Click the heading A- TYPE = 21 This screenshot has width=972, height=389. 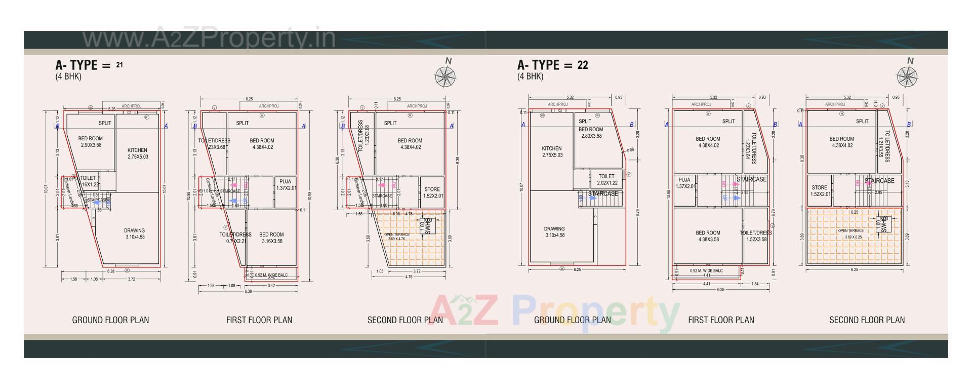coord(89,65)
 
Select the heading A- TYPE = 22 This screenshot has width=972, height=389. coord(552,65)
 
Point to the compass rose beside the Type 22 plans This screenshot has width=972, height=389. coord(907,76)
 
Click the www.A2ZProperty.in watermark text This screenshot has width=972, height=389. coord(209,38)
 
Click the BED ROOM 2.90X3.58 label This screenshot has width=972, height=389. coord(91,142)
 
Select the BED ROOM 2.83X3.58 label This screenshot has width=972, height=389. coord(591,133)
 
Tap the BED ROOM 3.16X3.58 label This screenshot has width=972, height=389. coord(271,238)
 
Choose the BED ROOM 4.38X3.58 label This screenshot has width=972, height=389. coord(707,236)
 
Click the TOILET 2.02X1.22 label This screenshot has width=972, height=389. coord(606,180)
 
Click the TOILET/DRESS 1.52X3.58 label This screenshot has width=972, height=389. coord(756,236)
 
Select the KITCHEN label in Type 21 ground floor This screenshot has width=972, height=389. coord(137,153)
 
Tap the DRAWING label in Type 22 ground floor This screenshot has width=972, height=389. coord(555,232)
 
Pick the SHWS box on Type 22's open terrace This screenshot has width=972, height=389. coord(882,224)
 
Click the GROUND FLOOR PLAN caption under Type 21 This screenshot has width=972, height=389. coord(110,320)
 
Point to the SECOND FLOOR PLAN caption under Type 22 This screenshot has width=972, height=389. coord(867,320)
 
